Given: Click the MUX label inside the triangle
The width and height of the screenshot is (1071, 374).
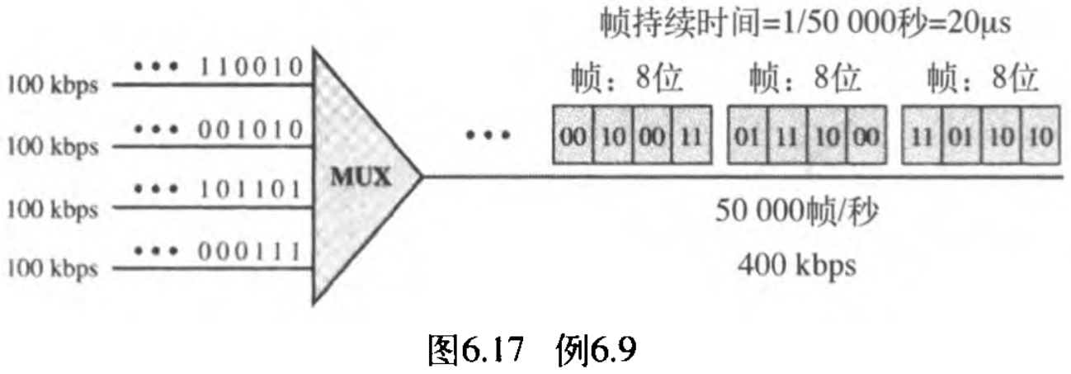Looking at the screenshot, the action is (x=360, y=178).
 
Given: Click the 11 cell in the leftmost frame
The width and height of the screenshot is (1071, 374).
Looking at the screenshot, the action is (x=691, y=134).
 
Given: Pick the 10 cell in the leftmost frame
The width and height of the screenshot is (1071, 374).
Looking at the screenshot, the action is (x=611, y=134).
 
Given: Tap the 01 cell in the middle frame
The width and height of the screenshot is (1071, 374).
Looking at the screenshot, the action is (x=748, y=134).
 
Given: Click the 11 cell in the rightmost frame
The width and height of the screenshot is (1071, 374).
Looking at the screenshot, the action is (x=922, y=134).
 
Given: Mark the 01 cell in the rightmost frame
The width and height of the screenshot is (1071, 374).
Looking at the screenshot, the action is (x=962, y=134).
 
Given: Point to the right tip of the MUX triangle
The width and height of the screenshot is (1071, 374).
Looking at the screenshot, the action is (x=421, y=177).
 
